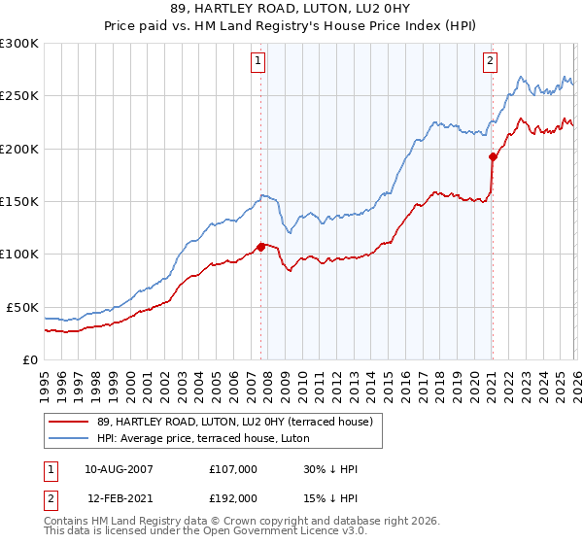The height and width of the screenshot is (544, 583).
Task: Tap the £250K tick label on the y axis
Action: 19,96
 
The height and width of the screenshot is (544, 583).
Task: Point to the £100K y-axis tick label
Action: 19,255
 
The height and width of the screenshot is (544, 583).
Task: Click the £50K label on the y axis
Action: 22,307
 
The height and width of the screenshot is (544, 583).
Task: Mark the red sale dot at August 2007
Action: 260,247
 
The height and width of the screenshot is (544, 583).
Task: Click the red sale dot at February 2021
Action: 493,156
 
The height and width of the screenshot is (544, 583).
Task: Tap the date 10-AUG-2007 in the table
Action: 119,469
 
